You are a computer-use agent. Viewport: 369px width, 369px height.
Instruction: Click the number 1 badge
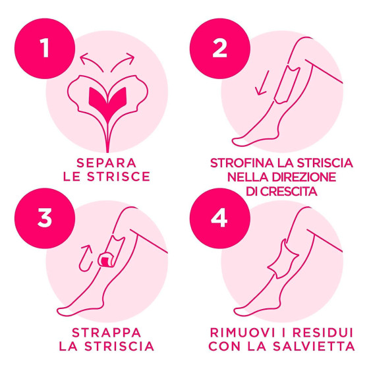pos(45,49)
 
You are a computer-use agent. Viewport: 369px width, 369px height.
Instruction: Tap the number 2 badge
pos(220,49)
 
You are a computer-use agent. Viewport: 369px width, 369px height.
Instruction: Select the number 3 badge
pos(45,218)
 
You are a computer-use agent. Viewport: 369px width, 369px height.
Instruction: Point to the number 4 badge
pos(220,218)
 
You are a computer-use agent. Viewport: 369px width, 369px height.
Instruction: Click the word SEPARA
pos(107,163)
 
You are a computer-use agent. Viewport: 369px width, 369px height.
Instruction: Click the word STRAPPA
pos(107,333)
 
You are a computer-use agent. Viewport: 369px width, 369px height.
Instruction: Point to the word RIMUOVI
pos(242,333)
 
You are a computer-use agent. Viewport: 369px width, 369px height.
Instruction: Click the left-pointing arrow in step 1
pos(91,61)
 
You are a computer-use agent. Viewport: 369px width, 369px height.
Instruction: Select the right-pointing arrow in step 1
pos(123,61)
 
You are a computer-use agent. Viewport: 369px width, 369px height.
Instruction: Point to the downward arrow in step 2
pos(263,83)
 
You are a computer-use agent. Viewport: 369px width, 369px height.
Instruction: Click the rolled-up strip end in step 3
pos(106,260)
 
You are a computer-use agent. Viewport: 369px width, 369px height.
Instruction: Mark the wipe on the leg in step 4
pos(284,258)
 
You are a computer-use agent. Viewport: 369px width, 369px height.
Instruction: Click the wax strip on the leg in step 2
pos(287,85)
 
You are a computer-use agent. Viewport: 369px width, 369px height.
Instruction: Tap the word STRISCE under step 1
pos(119,177)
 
